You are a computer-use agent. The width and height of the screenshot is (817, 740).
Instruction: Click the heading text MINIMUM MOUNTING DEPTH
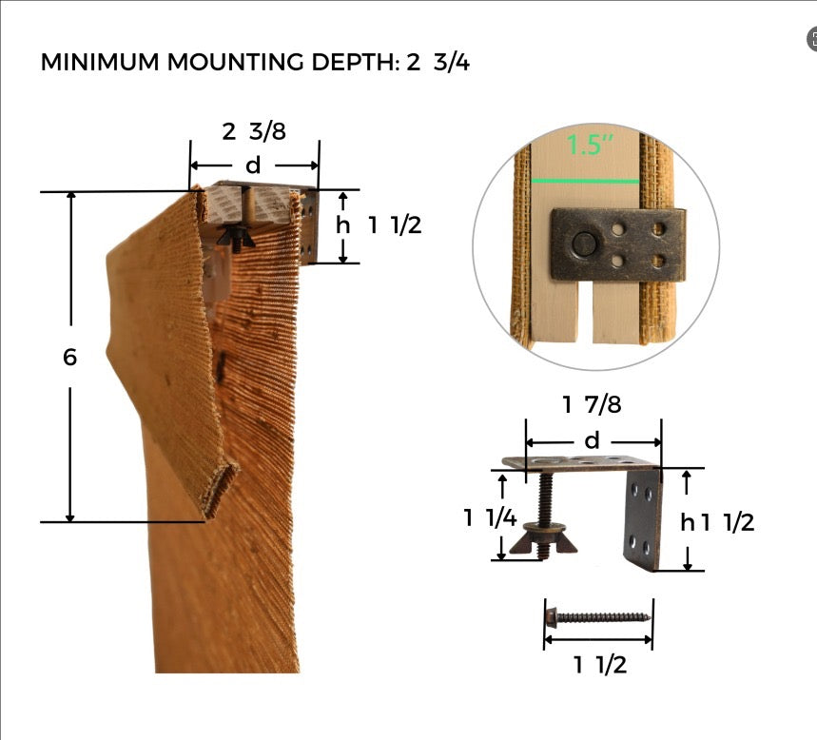[221, 62]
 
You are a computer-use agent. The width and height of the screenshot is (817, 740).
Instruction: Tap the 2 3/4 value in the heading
[438, 62]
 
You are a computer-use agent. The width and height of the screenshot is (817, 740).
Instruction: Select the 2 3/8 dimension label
[254, 131]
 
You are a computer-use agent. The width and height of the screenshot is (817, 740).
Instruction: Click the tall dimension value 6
[69, 357]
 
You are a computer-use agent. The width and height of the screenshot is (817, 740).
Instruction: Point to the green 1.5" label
[590, 145]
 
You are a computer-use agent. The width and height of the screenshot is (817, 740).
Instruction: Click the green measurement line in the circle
[585, 182]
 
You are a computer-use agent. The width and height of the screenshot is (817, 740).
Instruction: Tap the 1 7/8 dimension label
[592, 404]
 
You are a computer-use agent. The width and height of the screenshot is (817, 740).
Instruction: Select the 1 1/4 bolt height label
[490, 517]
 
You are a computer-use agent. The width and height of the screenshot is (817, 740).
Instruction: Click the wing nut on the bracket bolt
[543, 540]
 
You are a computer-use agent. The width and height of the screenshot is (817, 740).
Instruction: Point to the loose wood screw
[597, 617]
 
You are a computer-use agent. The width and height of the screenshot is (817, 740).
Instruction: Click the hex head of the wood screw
[552, 617]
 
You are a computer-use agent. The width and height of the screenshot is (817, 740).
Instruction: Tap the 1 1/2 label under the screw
[600, 665]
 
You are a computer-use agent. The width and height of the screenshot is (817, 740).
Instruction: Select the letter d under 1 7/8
[592, 441]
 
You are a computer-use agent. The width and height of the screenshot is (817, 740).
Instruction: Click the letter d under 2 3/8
[253, 166]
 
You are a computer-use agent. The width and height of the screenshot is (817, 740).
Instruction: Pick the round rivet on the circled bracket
[584, 243]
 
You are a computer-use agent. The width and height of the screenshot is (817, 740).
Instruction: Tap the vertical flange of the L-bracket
[643, 519]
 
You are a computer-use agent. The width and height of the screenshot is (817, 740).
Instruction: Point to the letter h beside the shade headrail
[342, 225]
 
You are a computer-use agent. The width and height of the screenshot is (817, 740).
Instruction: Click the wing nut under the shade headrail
[236, 237]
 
